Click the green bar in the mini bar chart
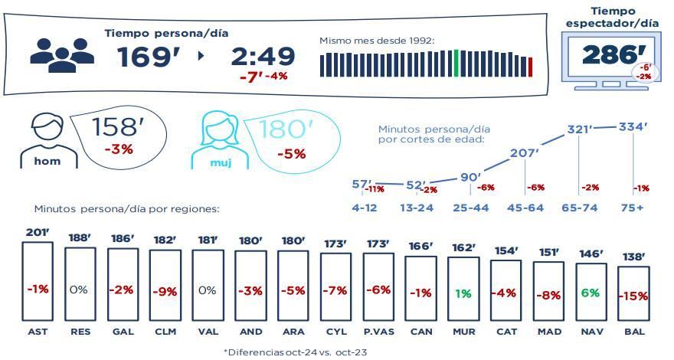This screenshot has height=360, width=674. pos(456,64)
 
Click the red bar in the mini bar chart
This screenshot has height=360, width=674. pos(531,67)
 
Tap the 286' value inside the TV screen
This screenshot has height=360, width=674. pos(609,54)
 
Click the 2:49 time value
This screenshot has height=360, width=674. pos(263,56)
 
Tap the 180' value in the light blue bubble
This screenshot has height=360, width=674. pos(287,129)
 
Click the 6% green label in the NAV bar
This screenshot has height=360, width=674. pos(591,293)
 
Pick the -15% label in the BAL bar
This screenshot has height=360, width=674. pos(633,296)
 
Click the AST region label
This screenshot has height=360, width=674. pos(37,332)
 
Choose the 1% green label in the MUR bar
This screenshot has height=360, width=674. pos(462,293)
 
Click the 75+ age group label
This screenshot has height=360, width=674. pos(633,207)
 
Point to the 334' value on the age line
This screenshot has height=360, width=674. pos(634,126)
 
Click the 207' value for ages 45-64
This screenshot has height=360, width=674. pos(525,153)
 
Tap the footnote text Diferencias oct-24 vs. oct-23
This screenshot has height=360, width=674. pos(296,351)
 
